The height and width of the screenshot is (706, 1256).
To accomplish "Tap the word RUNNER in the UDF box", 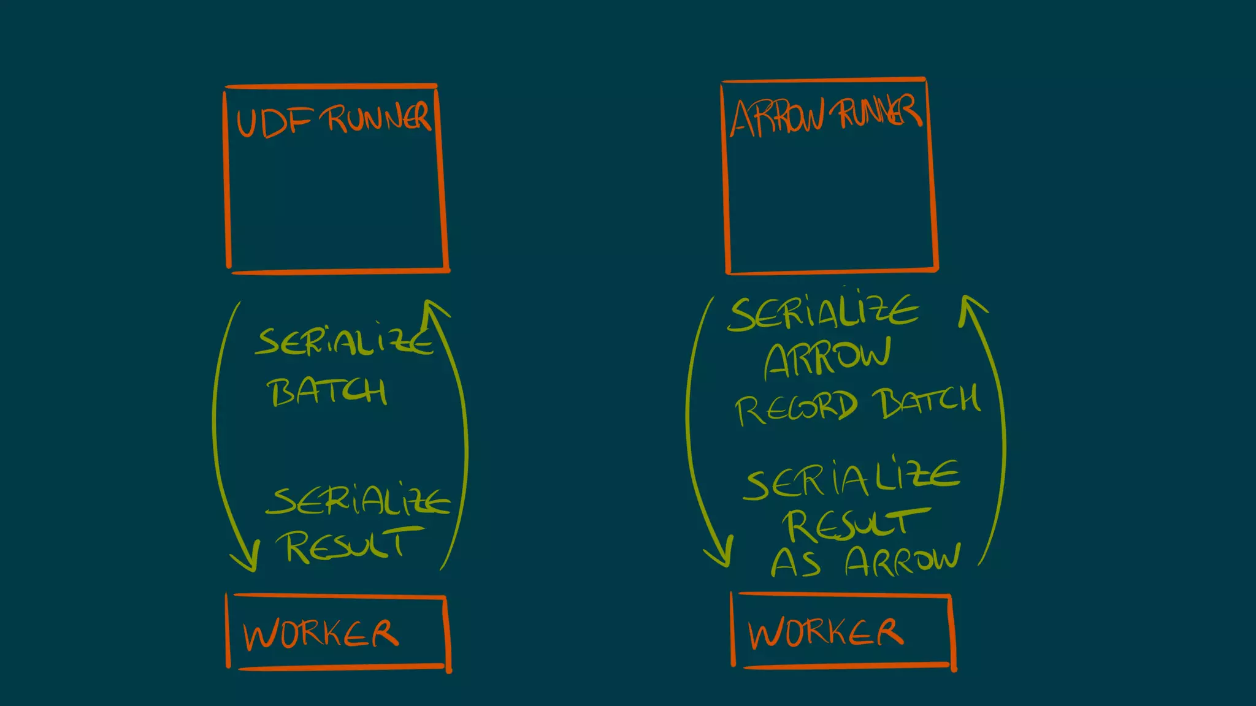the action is click(x=378, y=117).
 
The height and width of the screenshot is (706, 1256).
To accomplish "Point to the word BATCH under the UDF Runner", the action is click(x=327, y=392).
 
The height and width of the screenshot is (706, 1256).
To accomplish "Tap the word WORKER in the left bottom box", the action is click(x=321, y=634).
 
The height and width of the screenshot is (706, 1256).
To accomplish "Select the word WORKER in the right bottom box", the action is click(x=825, y=632).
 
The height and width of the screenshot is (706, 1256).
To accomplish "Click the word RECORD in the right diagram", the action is click(x=795, y=408).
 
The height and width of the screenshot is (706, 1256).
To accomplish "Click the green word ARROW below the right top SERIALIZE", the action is click(x=827, y=359).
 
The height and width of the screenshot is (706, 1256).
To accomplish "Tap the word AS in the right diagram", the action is click(x=795, y=563).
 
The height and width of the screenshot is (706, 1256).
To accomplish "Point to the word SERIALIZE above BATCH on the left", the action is click(x=344, y=343).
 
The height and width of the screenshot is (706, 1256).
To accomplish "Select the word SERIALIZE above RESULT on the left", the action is click(x=358, y=501).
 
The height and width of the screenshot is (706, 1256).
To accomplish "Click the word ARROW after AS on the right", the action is click(x=902, y=560).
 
